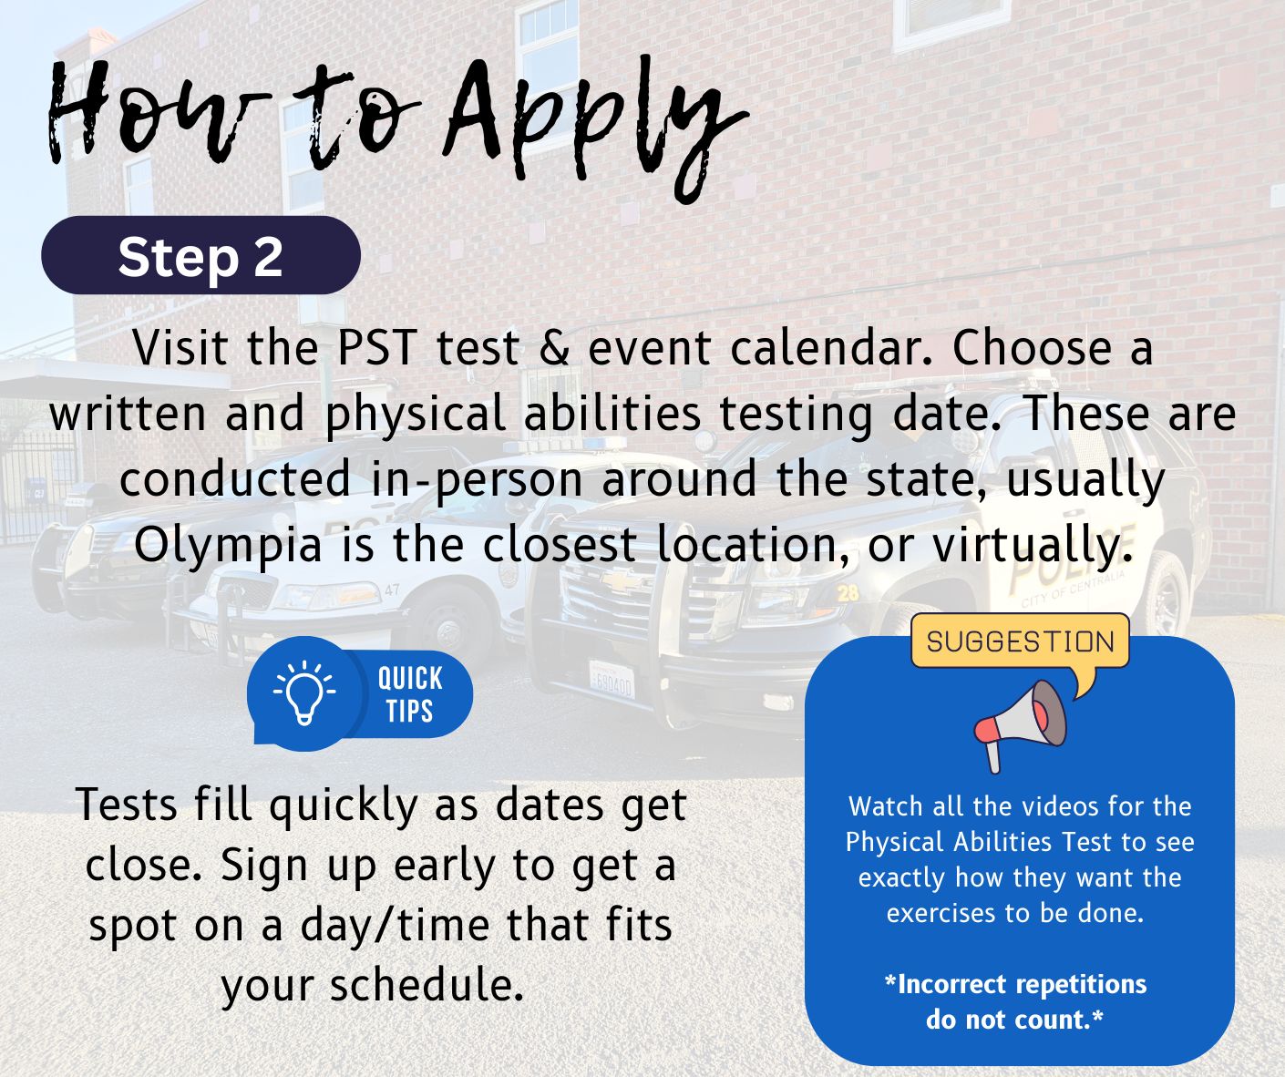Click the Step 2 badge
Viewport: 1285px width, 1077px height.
click(x=200, y=255)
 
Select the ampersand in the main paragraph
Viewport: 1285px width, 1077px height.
click(x=554, y=348)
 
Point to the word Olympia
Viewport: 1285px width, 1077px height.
click(x=228, y=545)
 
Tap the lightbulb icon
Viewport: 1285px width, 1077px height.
click(x=304, y=692)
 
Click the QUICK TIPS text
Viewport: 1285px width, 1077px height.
click(x=410, y=694)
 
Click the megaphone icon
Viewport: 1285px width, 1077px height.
click(x=1020, y=725)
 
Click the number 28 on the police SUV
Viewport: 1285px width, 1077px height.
click(x=848, y=593)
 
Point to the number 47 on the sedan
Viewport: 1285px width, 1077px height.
click(x=392, y=590)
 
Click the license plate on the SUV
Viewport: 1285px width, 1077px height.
click(x=612, y=681)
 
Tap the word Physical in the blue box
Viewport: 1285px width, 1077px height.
click(x=896, y=843)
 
